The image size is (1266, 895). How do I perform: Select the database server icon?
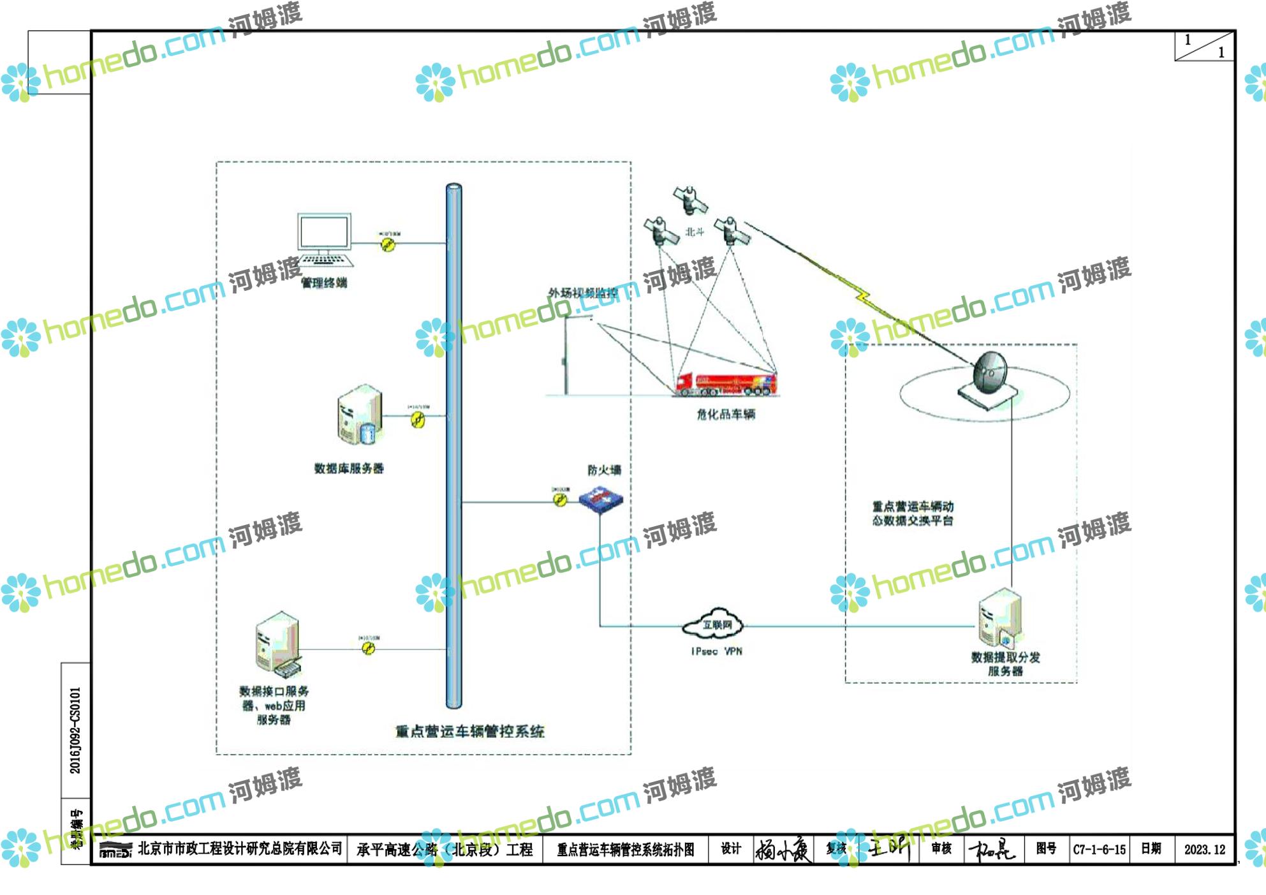(x=360, y=415)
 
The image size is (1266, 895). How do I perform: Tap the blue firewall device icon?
(x=600, y=499)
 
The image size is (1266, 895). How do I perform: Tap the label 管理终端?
(x=324, y=283)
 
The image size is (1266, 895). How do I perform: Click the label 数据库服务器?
(x=349, y=468)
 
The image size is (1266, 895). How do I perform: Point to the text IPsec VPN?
(x=716, y=651)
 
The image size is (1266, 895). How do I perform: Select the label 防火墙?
(x=604, y=470)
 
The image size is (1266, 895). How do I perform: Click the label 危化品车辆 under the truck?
(x=726, y=415)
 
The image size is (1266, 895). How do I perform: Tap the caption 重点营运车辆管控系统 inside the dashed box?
(x=469, y=732)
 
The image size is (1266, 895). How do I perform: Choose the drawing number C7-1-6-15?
(x=1099, y=850)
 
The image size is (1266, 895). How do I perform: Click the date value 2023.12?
(x=1204, y=850)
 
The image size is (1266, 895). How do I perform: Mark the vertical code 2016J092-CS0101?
(x=75, y=730)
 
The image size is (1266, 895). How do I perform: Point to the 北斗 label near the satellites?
(x=695, y=232)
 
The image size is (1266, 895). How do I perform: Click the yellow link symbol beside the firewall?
(x=560, y=500)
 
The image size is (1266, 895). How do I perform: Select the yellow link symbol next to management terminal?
(x=388, y=244)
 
